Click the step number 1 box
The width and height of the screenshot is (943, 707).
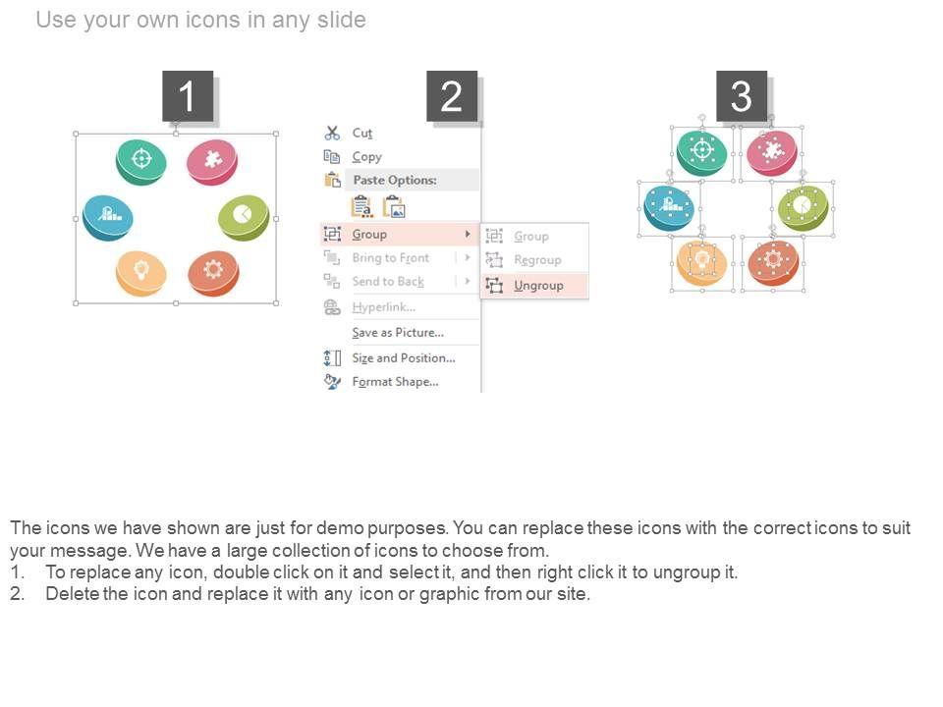188,95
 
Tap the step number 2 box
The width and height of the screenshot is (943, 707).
452,95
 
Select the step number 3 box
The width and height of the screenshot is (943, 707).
741,95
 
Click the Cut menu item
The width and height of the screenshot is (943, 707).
362,133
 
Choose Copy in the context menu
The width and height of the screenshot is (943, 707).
366,157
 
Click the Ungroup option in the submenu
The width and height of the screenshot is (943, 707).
538,286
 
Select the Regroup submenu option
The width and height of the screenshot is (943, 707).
537,259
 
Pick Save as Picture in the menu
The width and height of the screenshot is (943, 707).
398,333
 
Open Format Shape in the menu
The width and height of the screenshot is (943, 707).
395,382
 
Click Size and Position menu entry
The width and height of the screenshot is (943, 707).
404,357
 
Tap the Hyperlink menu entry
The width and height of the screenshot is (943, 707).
384,307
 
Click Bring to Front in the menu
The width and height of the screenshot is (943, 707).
390,258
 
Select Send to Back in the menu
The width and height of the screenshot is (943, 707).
388,282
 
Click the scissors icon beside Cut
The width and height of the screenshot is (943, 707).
332,133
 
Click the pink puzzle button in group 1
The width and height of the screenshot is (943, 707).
212,162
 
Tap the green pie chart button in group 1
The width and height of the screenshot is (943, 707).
244,217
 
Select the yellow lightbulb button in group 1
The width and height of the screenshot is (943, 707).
141,273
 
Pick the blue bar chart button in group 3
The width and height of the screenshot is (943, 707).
669,208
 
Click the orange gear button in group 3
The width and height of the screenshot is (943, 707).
773,263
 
